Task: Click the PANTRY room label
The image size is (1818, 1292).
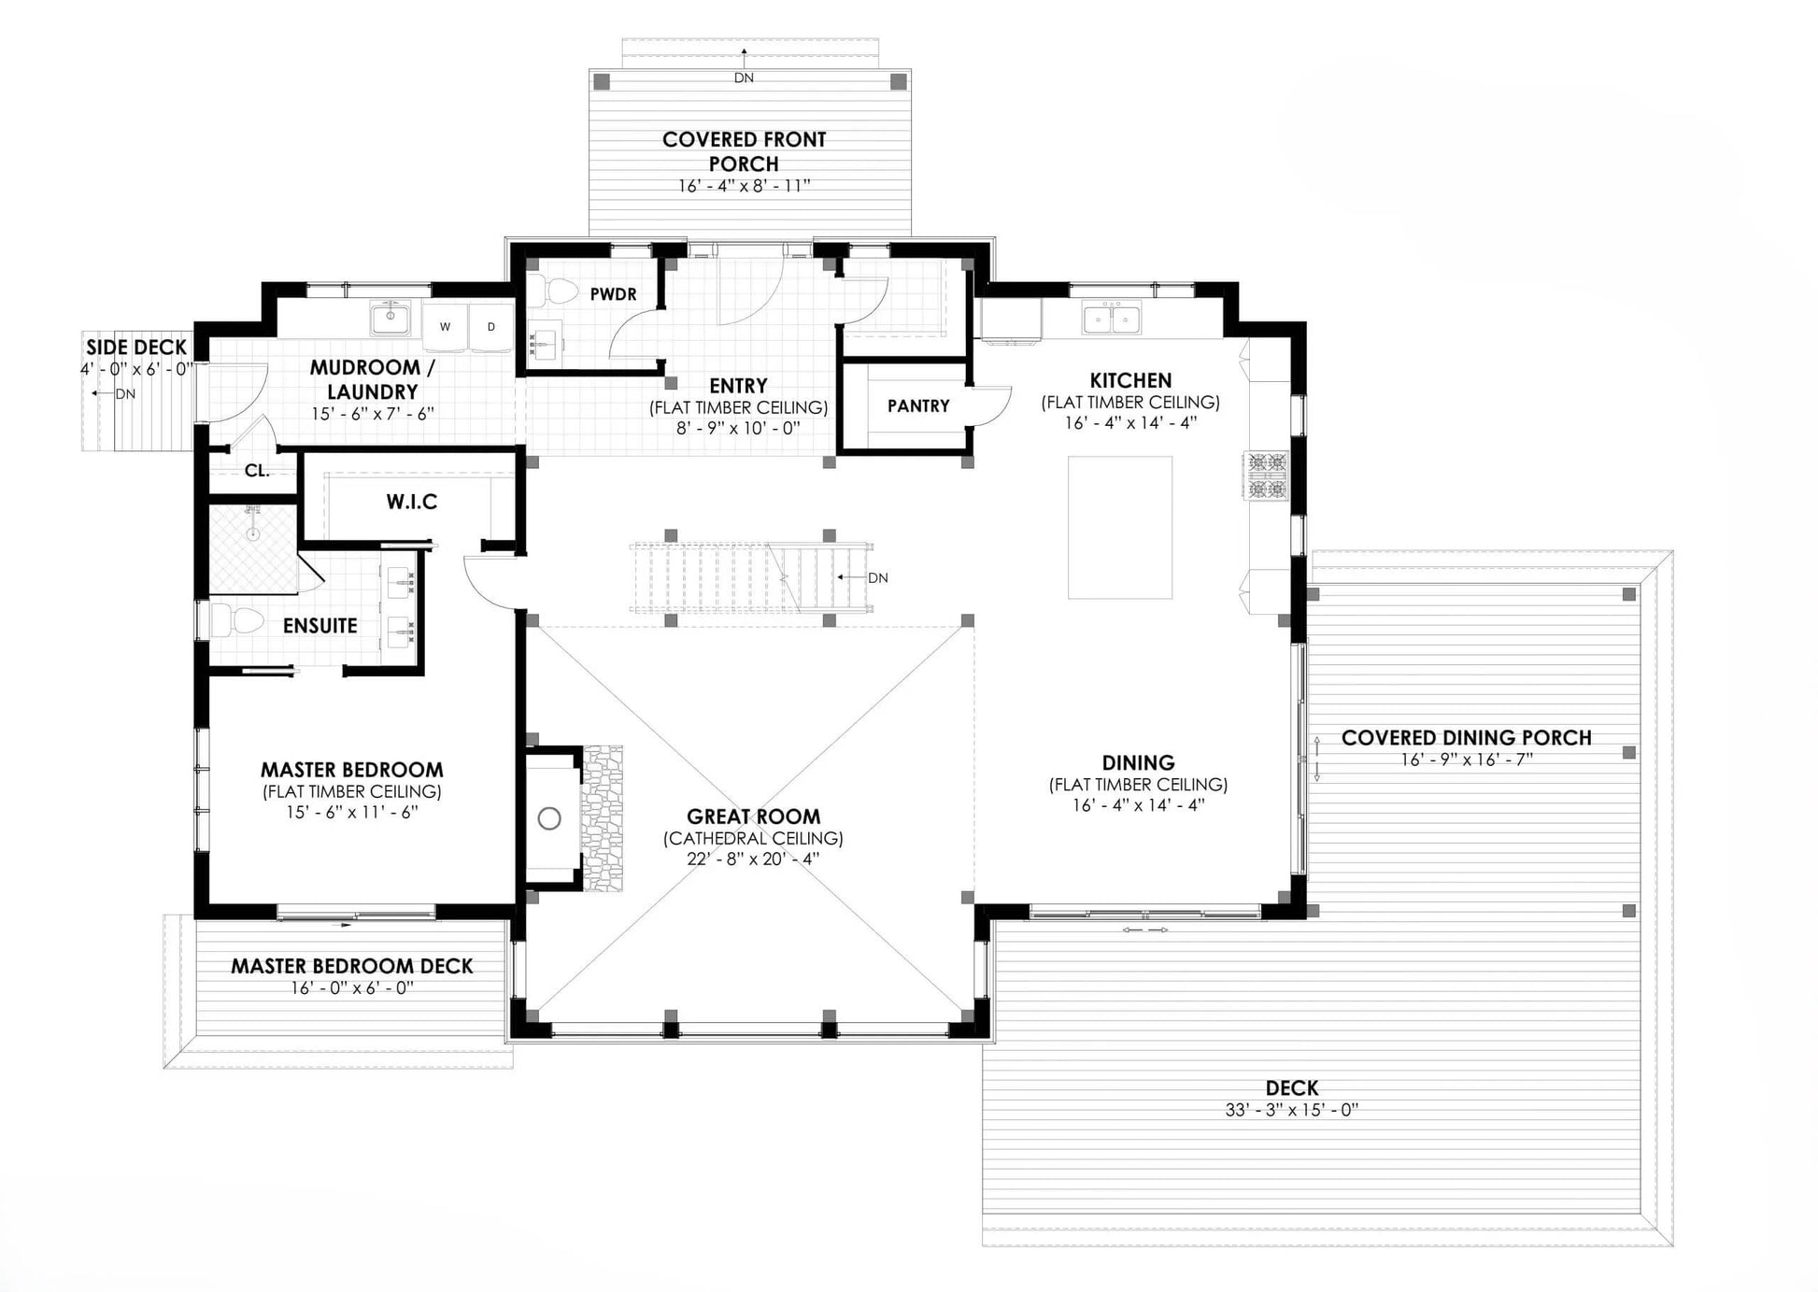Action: pyautogui.click(x=918, y=406)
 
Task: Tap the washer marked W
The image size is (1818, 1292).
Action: pyautogui.click(x=446, y=326)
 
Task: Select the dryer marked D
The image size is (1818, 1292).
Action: pyautogui.click(x=491, y=326)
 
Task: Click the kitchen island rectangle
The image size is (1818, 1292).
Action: pyautogui.click(x=1120, y=527)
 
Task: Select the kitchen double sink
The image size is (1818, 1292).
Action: pyautogui.click(x=1112, y=319)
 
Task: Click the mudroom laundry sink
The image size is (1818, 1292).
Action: pyautogui.click(x=391, y=319)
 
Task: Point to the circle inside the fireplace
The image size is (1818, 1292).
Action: pyautogui.click(x=549, y=819)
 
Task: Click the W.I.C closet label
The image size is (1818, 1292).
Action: pyautogui.click(x=412, y=503)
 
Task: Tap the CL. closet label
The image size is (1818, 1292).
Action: pyautogui.click(x=257, y=471)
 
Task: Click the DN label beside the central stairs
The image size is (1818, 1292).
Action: pyautogui.click(x=878, y=578)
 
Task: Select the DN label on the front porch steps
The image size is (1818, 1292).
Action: pyautogui.click(x=744, y=78)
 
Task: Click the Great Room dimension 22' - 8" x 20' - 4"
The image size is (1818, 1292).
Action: pyautogui.click(x=753, y=859)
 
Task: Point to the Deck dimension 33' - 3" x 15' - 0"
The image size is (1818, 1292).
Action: pyautogui.click(x=1292, y=1111)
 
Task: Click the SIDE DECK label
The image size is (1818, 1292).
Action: pyautogui.click(x=136, y=348)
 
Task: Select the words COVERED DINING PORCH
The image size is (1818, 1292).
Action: pyautogui.click(x=1467, y=738)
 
